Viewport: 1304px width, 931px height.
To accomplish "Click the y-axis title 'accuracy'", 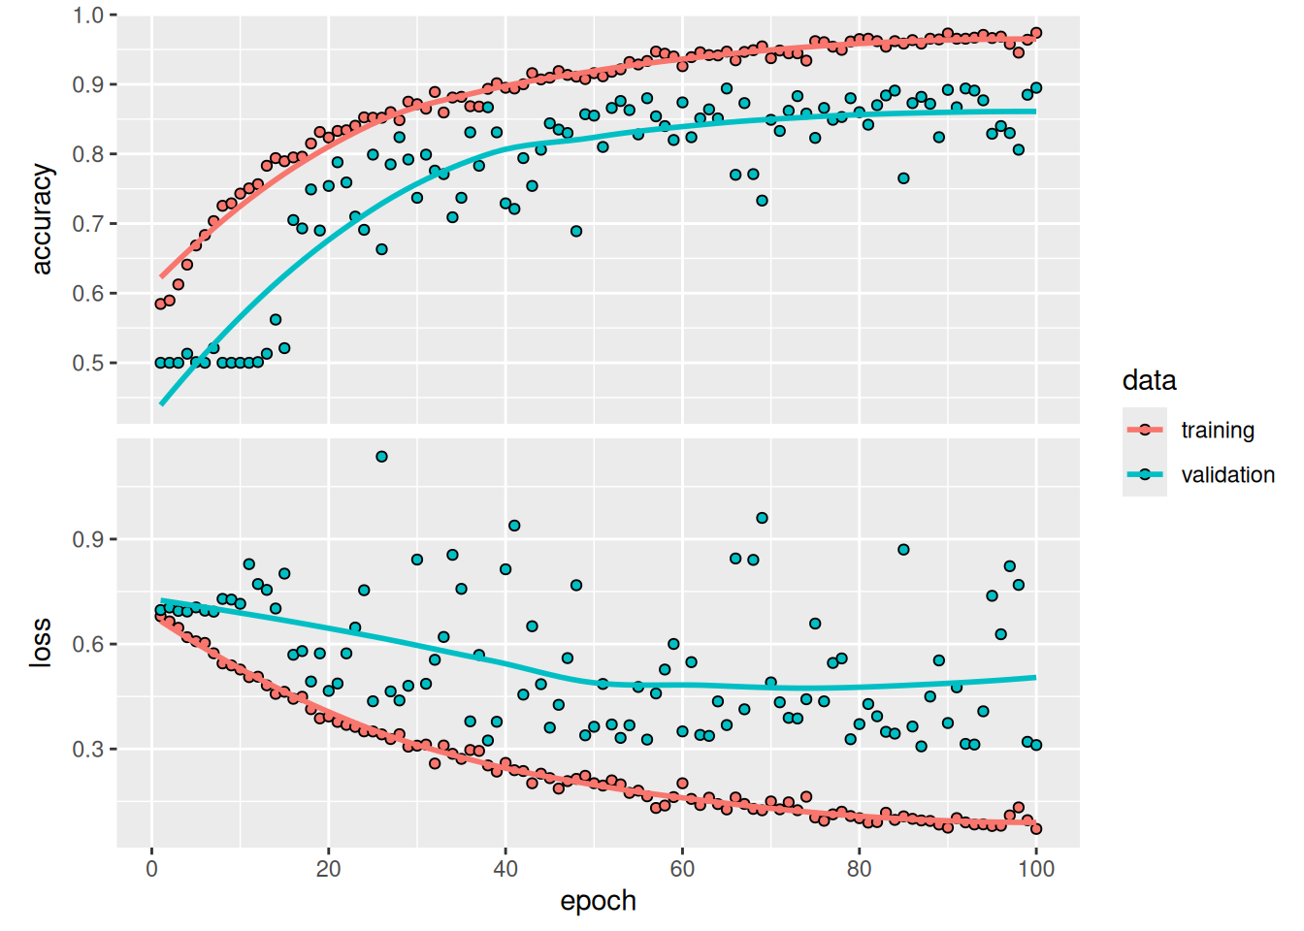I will (41, 219).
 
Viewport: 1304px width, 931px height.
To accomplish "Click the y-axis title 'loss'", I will (41, 642).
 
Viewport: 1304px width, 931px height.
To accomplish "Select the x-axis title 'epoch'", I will (598, 901).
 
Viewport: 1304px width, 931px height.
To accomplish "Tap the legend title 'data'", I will (1149, 380).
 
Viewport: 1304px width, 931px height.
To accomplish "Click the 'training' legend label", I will (1217, 430).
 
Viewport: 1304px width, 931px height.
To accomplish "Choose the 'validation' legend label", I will (1227, 474).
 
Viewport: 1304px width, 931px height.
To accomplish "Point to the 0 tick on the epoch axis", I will (152, 869).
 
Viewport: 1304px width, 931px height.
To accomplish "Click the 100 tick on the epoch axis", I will (1036, 869).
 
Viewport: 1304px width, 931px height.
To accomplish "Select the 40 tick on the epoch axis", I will (505, 869).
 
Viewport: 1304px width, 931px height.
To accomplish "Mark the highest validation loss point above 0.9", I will (381, 457).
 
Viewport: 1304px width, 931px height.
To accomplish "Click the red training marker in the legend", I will (1145, 430).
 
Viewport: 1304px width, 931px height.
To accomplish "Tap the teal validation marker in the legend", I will (1145, 474).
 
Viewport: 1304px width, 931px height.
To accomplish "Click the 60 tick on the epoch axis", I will (682, 869).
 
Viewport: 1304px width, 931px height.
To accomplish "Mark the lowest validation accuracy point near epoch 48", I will (576, 232).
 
